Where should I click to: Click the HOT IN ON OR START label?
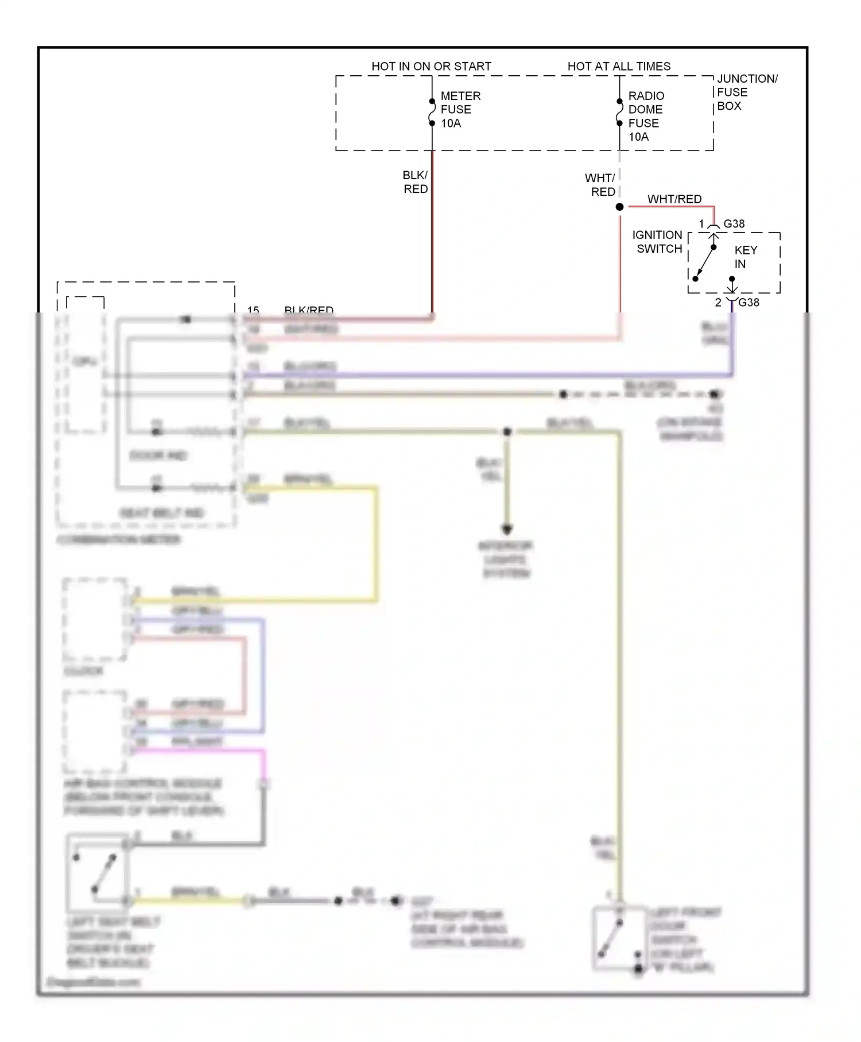click(x=431, y=66)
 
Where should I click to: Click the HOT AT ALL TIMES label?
click(x=619, y=66)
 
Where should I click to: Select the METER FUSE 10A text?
click(x=460, y=109)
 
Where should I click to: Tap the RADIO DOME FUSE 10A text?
click(x=646, y=116)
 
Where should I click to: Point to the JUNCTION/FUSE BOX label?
click(x=746, y=92)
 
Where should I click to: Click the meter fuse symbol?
click(x=432, y=112)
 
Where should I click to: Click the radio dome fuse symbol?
click(x=619, y=112)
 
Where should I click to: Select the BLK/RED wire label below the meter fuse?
click(x=415, y=182)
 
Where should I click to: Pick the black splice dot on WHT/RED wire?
click(x=619, y=207)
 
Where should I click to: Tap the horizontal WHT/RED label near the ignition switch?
click(x=674, y=199)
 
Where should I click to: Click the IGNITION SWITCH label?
click(x=658, y=242)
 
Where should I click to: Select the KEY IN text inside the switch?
click(x=745, y=257)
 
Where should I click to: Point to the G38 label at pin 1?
click(x=734, y=223)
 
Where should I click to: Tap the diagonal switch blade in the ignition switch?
click(x=705, y=263)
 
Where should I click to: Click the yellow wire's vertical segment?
click(x=376, y=543)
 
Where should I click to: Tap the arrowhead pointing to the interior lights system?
click(x=507, y=529)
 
